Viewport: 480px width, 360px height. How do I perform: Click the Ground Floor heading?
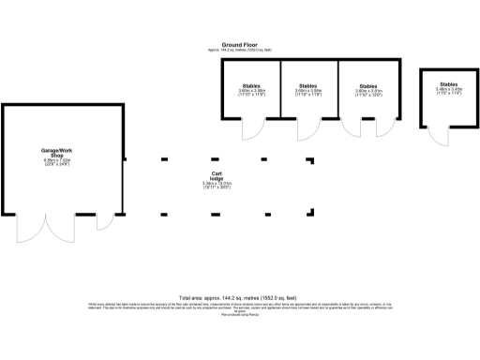point(240,43)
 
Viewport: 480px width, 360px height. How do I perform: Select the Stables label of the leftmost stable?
point(251,85)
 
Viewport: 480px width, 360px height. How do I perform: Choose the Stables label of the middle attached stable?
point(309,85)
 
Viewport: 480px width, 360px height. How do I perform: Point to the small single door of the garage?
point(103,222)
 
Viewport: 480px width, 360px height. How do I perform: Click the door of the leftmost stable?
point(251,128)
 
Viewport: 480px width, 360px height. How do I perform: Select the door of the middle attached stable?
point(304,128)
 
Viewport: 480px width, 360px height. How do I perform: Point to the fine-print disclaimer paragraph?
point(240,307)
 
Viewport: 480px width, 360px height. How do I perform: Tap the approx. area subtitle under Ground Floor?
point(240,49)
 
